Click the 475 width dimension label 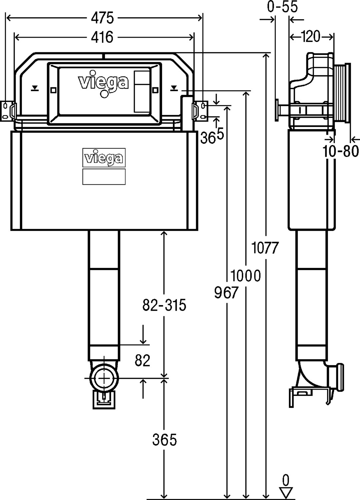coord(102,18)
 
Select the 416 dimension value coord(102,37)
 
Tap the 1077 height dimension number coord(265,248)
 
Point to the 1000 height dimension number coord(246,276)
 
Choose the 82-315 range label coord(164,305)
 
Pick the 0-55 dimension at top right coord(282,6)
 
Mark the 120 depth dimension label coord(310,36)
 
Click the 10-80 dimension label coord(341,151)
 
